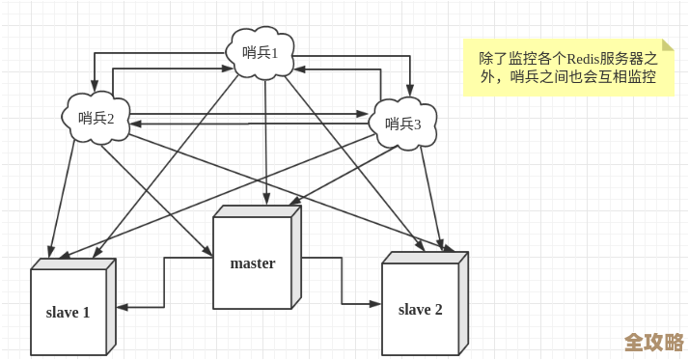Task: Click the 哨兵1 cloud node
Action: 261,53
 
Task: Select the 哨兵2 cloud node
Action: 96,118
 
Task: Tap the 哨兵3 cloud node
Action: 403,124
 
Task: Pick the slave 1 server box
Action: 69,311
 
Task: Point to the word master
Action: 253,263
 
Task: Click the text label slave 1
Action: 69,313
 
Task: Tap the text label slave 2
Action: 420,310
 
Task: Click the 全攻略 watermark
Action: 653,343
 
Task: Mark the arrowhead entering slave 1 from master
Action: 122,307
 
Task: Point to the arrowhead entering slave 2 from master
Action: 376,303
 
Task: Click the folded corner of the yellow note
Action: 668,45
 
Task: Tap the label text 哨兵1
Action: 261,53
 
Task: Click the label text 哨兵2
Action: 96,119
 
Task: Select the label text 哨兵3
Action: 403,124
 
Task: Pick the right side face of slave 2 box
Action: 463,303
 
